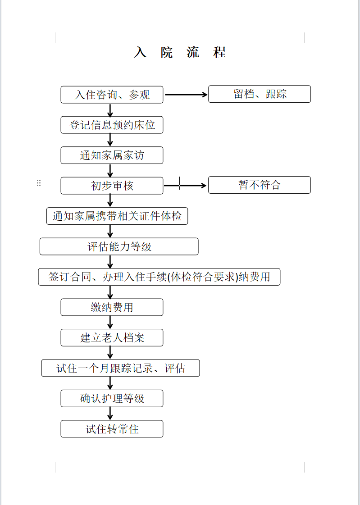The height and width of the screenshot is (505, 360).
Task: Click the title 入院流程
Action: pyautogui.click(x=180, y=52)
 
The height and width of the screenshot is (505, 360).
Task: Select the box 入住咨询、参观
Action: pyautogui.click(x=112, y=95)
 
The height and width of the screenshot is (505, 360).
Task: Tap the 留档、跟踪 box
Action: pyautogui.click(x=260, y=94)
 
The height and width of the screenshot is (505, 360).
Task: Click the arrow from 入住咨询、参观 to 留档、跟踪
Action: pyautogui.click(x=186, y=95)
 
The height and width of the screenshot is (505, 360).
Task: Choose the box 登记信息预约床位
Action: pyautogui.click(x=112, y=125)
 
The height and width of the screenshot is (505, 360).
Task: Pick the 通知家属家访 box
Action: pyautogui.click(x=112, y=155)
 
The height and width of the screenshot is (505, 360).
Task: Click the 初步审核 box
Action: pyautogui.click(x=112, y=186)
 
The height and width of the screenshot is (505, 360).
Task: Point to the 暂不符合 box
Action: pyautogui.click(x=260, y=185)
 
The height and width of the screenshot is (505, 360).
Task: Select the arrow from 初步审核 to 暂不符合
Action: pyautogui.click(x=185, y=186)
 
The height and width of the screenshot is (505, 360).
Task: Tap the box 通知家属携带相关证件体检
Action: pyautogui.click(x=117, y=216)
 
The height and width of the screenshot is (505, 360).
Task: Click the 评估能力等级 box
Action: pyautogui.click(x=119, y=246)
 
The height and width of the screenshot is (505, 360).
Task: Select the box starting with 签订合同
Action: pyautogui.click(x=159, y=277)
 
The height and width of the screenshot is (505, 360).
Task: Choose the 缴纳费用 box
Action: pyautogui.click(x=112, y=307)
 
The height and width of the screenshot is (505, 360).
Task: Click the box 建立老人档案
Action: pyautogui.click(x=112, y=337)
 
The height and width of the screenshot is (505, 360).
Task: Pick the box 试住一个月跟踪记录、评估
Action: pyautogui.click(x=120, y=368)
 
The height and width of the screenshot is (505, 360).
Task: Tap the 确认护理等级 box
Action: pyautogui.click(x=112, y=398)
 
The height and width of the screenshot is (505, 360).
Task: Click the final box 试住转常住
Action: pyautogui.click(x=112, y=429)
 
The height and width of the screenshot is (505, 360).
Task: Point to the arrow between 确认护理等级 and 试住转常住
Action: pyautogui.click(x=110, y=414)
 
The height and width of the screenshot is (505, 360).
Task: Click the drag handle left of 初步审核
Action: pyautogui.click(x=39, y=183)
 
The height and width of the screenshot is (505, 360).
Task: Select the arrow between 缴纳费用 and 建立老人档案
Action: pyautogui.click(x=110, y=323)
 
